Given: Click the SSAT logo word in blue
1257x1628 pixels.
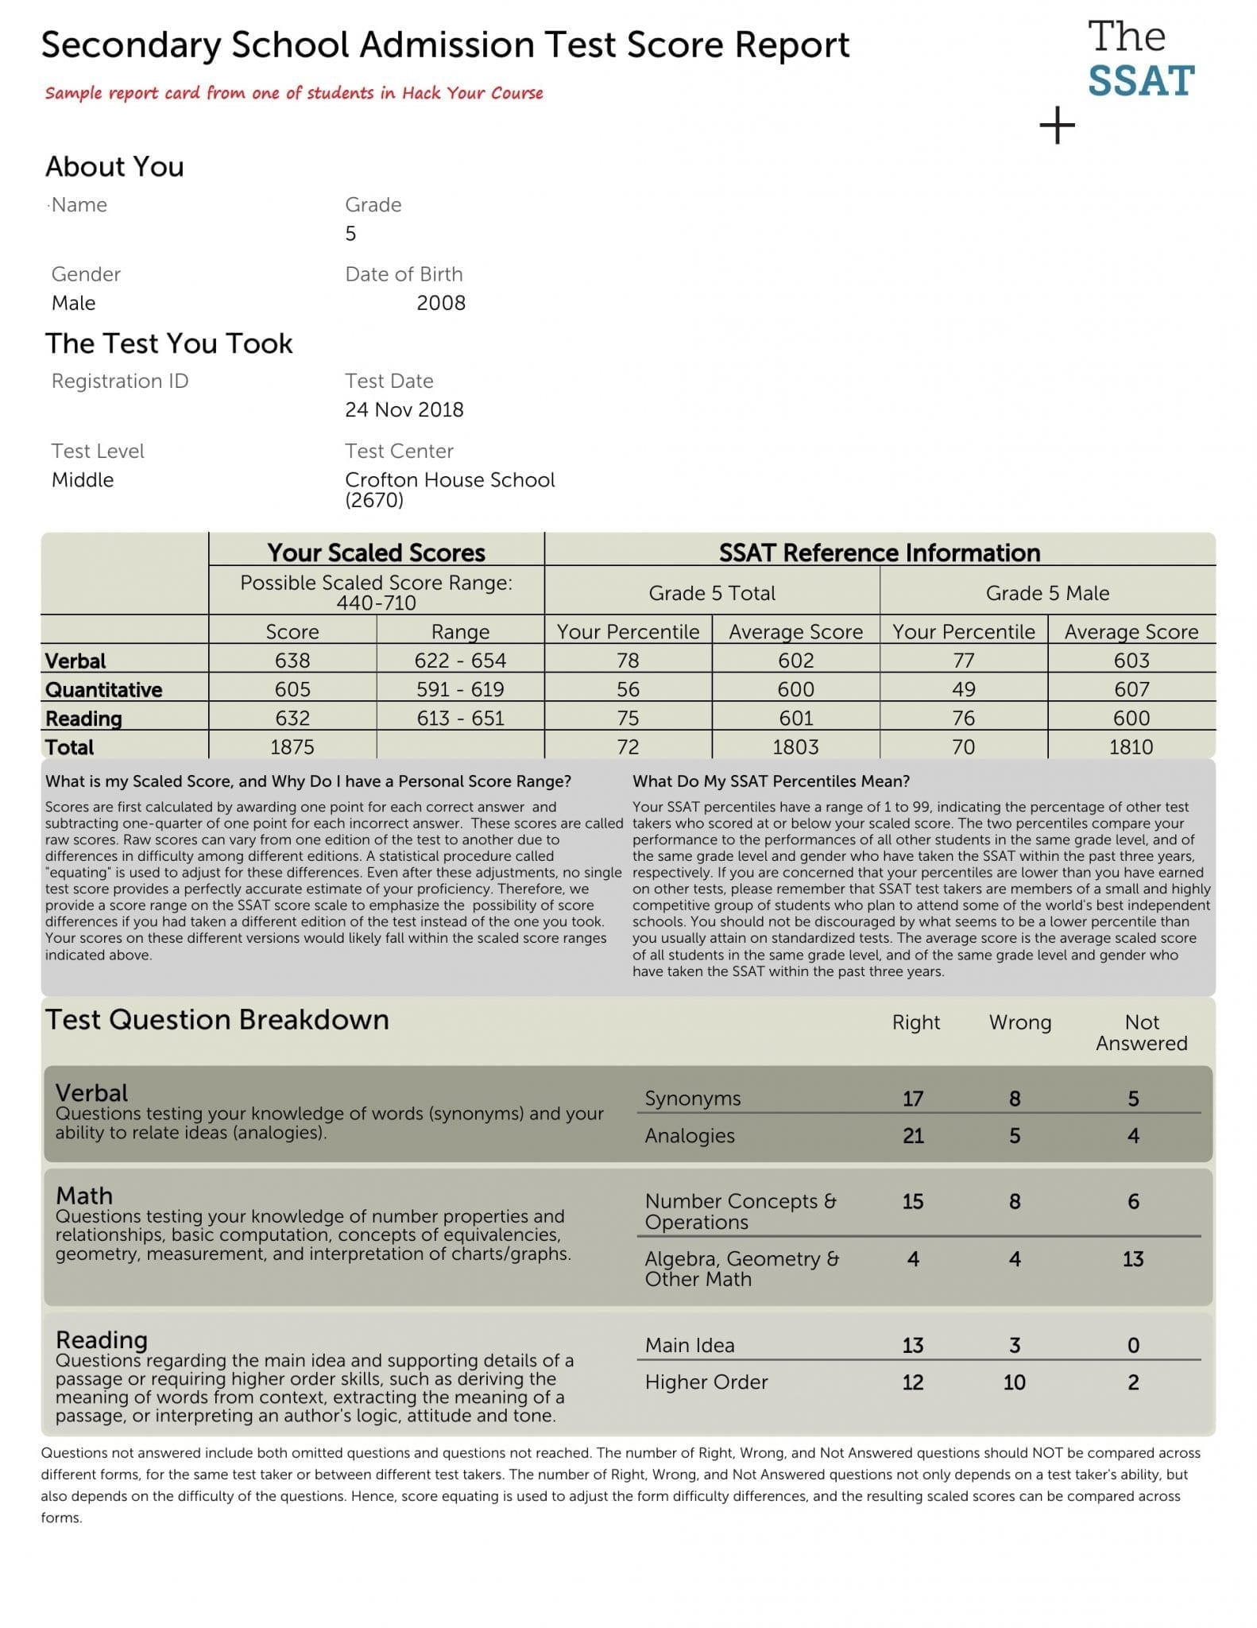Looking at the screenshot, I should click(1140, 81).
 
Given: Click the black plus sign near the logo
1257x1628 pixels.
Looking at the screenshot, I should click(1057, 126).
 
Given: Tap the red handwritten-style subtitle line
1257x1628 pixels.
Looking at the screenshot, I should click(294, 93).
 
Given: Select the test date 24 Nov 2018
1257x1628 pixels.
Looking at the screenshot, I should click(404, 409).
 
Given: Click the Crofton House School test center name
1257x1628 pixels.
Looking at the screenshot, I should click(450, 480).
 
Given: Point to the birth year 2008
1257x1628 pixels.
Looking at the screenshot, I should click(441, 303).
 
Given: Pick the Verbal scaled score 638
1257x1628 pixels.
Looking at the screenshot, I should click(292, 661).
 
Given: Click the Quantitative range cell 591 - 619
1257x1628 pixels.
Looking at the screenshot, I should click(460, 689).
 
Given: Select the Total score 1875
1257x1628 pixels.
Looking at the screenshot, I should click(292, 747).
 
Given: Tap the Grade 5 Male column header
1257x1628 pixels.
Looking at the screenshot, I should click(1047, 593).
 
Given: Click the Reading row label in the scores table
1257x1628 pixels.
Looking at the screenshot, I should click(83, 719).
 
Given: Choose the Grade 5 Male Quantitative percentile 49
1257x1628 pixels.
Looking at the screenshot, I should click(963, 689).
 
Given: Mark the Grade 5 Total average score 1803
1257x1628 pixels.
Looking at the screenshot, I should click(795, 747).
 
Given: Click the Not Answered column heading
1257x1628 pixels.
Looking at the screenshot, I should click(1141, 1033).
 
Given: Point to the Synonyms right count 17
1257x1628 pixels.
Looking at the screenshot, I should click(913, 1099).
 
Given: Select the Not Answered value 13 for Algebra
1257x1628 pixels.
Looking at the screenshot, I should click(1132, 1259).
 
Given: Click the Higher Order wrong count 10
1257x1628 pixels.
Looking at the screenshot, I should click(1014, 1382).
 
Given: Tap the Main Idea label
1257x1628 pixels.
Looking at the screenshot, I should click(690, 1345).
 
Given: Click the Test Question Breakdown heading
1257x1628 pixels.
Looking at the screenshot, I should click(217, 1020).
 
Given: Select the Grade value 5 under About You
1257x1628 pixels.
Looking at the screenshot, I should click(350, 234).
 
